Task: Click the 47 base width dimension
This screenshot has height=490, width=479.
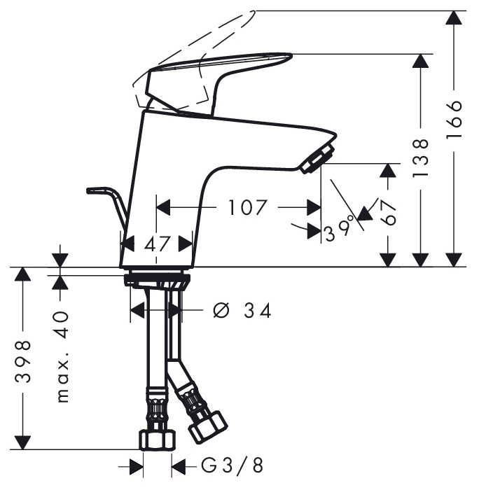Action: pyautogui.click(x=158, y=244)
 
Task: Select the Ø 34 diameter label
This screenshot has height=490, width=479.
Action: pyautogui.click(x=242, y=310)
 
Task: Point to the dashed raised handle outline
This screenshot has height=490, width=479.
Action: pyautogui.click(x=203, y=42)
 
